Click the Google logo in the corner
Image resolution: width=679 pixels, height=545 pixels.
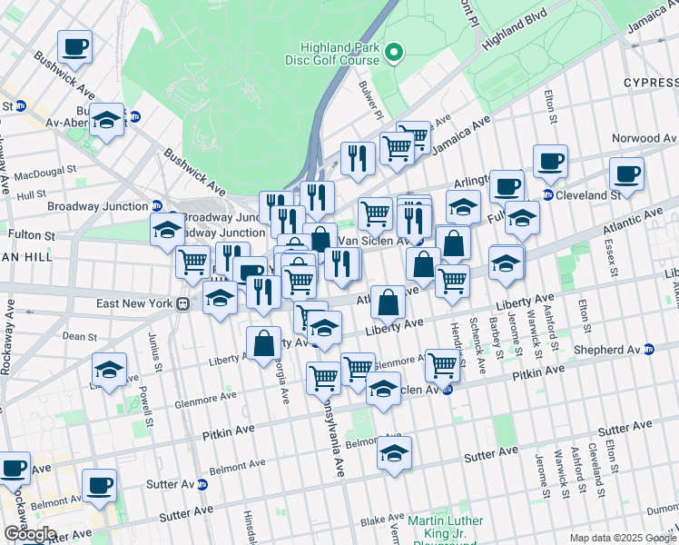(x=30, y=534)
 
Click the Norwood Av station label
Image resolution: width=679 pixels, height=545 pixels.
(x=645, y=138)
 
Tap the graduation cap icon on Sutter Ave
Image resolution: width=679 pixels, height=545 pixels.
(x=394, y=453)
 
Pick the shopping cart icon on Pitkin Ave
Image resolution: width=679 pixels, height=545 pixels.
(x=441, y=364)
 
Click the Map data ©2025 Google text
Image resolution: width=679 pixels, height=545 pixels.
(x=622, y=538)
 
